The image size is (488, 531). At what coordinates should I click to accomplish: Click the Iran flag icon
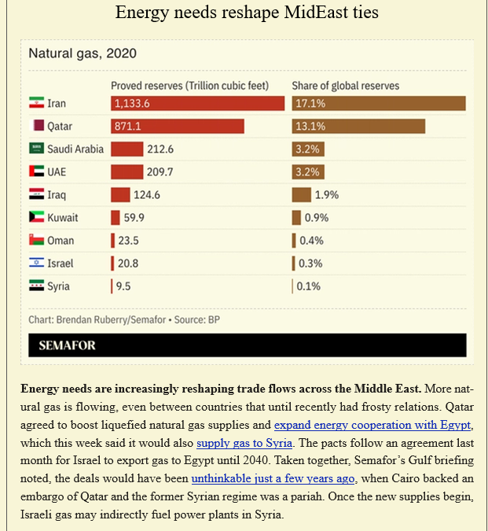pyautogui.click(x=35, y=103)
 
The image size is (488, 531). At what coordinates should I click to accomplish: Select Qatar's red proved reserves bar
pyautogui.click(x=177, y=126)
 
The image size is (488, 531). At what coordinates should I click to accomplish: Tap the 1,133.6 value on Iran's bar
pyautogui.click(x=132, y=103)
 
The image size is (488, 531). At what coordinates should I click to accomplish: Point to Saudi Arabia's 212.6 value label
pyautogui.click(x=160, y=149)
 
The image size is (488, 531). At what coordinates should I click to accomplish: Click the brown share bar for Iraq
pyautogui.click(x=301, y=194)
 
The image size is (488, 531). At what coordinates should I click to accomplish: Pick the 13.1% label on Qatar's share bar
pyautogui.click(x=310, y=126)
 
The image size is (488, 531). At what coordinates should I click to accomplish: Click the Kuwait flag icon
pyautogui.click(x=35, y=217)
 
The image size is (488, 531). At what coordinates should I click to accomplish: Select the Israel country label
pyautogui.click(x=60, y=264)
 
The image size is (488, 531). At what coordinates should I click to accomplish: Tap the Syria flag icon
pyautogui.click(x=35, y=286)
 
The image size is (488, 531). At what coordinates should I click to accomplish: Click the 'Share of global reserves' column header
pyautogui.click(x=346, y=85)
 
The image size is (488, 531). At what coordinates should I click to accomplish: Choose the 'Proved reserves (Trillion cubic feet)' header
pyautogui.click(x=190, y=85)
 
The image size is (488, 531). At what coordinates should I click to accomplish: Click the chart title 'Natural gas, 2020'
pyautogui.click(x=83, y=53)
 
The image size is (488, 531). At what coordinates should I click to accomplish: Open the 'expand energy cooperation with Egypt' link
pyautogui.click(x=372, y=426)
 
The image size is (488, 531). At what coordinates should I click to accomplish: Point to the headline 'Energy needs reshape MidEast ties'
pyautogui.click(x=244, y=13)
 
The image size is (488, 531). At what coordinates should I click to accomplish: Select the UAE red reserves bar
pyautogui.click(x=127, y=171)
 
